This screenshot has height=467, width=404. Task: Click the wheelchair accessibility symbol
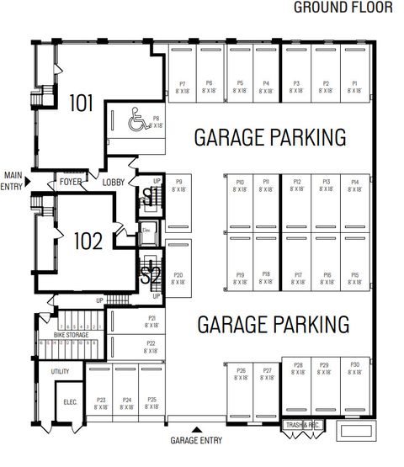(x=136, y=124)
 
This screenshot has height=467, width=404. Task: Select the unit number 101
(x=82, y=103)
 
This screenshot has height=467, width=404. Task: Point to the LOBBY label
(x=114, y=182)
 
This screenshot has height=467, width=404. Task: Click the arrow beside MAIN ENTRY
(x=29, y=181)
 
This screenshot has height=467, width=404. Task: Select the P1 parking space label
(x=354, y=84)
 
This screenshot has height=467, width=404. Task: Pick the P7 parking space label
(x=183, y=84)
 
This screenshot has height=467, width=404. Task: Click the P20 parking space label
(x=178, y=275)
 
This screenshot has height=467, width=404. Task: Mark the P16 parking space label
(x=326, y=275)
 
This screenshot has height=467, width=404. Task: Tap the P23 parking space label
(x=101, y=400)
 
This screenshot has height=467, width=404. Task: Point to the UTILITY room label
(x=60, y=370)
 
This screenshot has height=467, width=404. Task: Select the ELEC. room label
(x=71, y=402)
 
